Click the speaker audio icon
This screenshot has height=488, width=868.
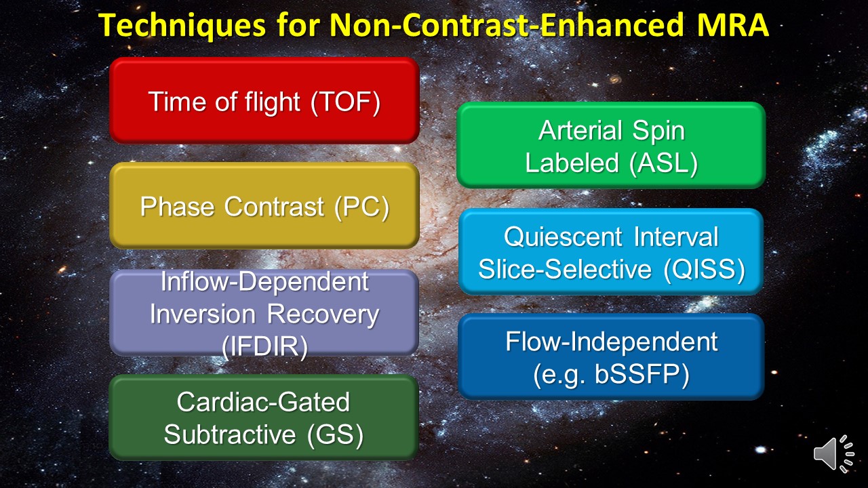[833, 453]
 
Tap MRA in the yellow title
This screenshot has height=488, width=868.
[733, 25]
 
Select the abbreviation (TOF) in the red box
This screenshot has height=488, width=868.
[346, 102]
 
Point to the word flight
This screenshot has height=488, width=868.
[273, 102]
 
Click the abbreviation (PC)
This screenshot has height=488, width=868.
[362, 207]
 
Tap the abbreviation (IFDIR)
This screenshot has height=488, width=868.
[265, 346]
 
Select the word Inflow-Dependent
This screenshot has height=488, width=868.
[264, 281]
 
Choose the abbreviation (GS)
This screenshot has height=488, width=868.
[336, 434]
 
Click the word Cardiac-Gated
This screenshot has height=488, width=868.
[264, 402]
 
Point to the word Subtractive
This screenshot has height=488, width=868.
[230, 434]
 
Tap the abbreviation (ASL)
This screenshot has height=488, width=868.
[664, 163]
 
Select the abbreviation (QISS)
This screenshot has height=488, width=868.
[705, 269]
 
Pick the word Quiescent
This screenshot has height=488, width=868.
[564, 237]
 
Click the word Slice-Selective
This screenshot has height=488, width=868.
[565, 269]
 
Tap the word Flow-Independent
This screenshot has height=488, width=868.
[612, 342]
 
